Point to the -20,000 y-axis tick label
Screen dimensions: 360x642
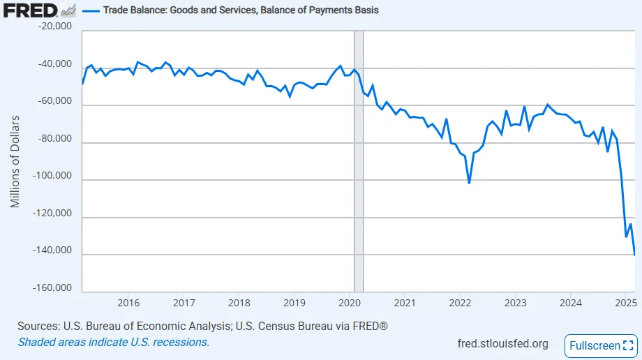tap(54, 27)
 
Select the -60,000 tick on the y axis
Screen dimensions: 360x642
tap(54, 101)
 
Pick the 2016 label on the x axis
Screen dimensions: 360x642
tap(128, 303)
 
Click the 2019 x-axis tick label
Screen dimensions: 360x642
tap(294, 303)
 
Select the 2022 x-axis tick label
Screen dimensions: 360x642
tap(461, 303)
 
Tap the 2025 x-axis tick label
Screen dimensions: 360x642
tap(626, 303)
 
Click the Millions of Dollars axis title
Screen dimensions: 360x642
tap(15, 161)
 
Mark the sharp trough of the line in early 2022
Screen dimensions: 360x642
tap(469, 183)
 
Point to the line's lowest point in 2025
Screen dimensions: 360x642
tap(634, 254)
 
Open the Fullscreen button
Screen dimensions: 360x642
tap(601, 345)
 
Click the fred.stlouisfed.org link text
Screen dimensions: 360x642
tap(502, 343)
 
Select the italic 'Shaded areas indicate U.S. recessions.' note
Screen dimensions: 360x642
tap(113, 342)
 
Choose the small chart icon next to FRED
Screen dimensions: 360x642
tap(68, 10)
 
